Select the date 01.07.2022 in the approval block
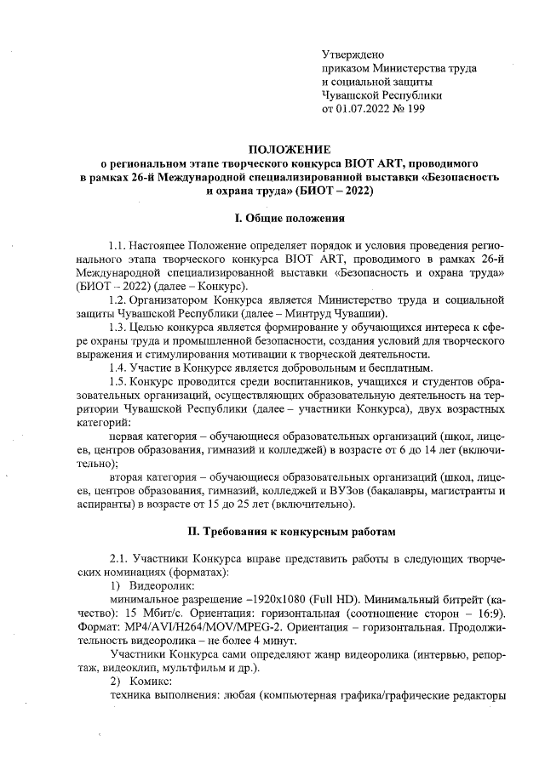point(367,109)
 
